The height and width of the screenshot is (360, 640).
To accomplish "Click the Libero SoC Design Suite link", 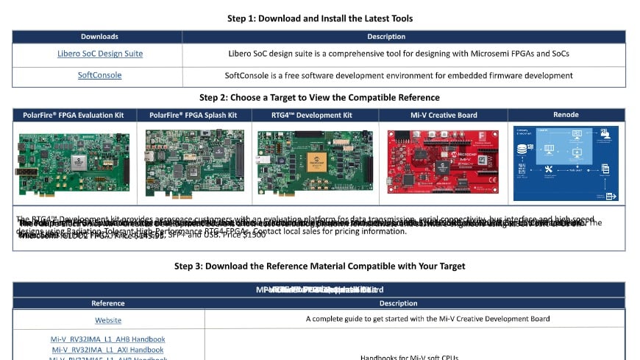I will click(x=100, y=54).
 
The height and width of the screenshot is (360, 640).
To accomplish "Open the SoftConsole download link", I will click(x=99, y=75).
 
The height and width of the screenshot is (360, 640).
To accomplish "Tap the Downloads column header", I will click(x=99, y=36).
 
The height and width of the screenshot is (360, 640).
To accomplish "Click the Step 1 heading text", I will click(x=319, y=18).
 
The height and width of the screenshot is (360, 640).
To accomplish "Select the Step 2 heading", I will click(x=319, y=97).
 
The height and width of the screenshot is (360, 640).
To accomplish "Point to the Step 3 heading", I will click(x=319, y=266).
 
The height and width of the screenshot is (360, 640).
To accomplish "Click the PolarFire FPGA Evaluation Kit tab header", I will click(x=74, y=115).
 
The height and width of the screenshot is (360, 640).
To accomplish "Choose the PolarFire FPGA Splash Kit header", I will click(x=193, y=115).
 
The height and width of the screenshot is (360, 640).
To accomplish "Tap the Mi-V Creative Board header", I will click(x=444, y=115).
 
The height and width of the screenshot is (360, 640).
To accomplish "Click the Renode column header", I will click(x=566, y=115).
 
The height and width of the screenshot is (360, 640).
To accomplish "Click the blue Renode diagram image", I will click(x=566, y=163).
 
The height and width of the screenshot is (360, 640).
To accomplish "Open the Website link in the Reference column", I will click(x=108, y=320).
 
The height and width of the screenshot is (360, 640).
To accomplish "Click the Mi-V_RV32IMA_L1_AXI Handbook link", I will click(x=107, y=350).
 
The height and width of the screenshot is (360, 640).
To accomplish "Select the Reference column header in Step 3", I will click(x=108, y=303).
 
